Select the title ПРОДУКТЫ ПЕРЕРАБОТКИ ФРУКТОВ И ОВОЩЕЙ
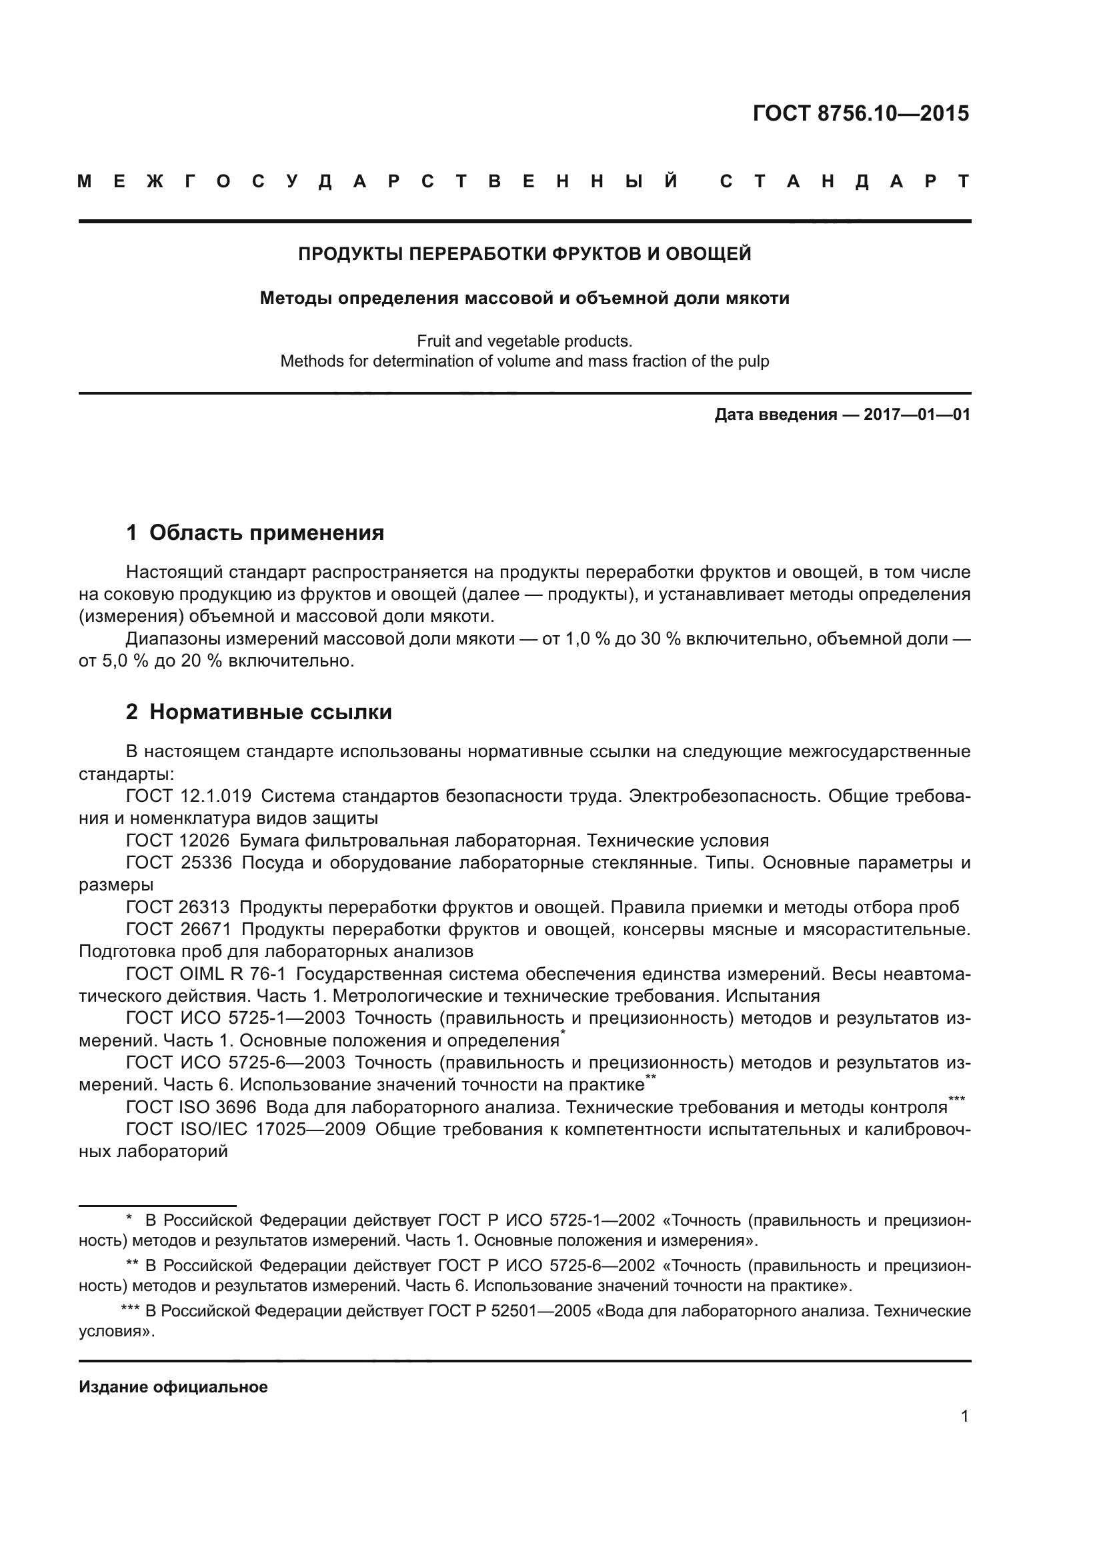524,254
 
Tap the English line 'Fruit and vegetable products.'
524,341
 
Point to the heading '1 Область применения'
255,533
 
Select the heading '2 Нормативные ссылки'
259,713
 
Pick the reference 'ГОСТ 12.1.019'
188,796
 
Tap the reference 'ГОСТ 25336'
179,863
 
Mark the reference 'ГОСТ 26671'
179,930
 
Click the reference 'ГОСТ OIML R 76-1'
205,974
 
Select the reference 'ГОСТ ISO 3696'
191,1108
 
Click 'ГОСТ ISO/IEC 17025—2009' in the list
245,1130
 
